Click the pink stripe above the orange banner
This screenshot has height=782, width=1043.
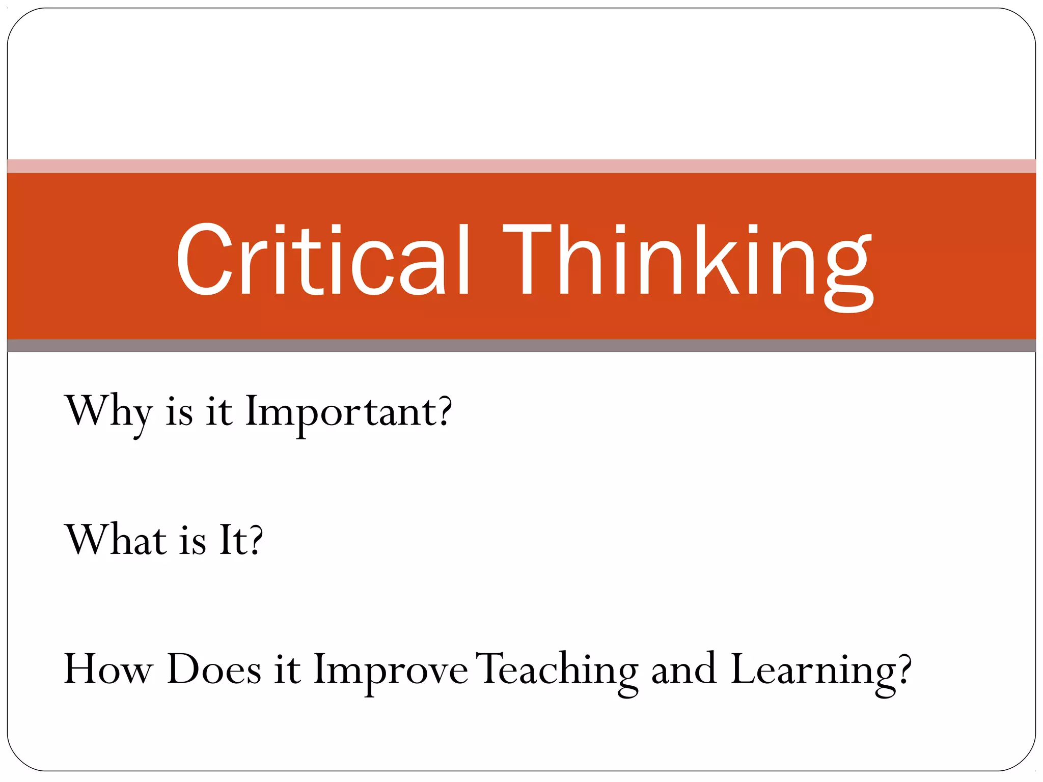521,166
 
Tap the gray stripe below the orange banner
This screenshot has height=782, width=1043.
521,346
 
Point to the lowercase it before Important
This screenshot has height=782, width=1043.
219,412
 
